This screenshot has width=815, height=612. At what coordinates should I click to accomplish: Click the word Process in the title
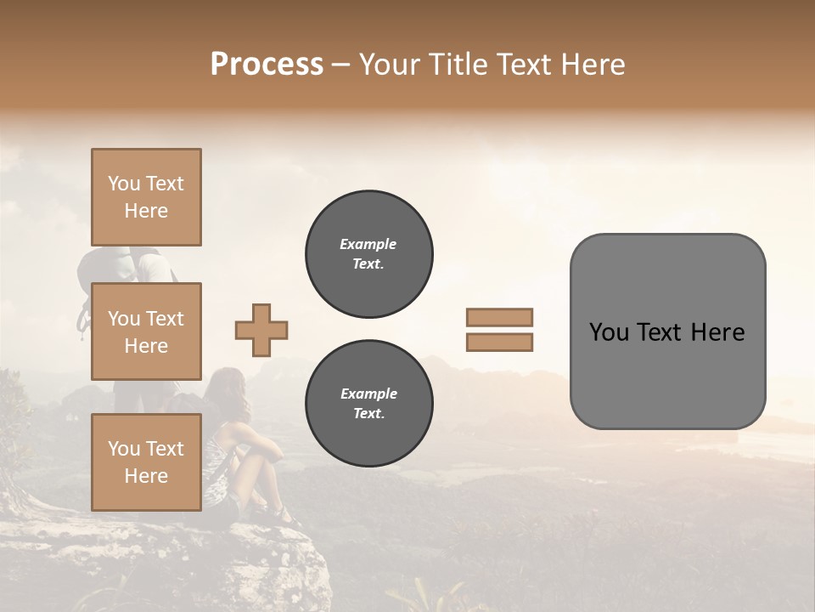click(267, 65)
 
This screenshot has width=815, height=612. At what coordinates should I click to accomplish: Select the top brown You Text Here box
click(146, 197)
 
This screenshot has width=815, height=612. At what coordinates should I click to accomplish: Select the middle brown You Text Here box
click(146, 331)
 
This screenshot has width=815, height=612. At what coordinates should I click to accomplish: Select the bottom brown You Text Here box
click(146, 462)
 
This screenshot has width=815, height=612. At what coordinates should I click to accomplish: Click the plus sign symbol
click(261, 330)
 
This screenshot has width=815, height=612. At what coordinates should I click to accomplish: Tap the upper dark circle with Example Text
click(369, 254)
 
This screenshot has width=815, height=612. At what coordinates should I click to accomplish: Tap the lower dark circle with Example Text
click(369, 404)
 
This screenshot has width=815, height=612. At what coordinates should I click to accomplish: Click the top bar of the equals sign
click(499, 318)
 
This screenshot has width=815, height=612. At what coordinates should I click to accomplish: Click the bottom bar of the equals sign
click(499, 342)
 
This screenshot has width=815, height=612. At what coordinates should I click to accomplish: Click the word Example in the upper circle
click(368, 244)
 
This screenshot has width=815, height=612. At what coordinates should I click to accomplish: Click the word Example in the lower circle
click(368, 394)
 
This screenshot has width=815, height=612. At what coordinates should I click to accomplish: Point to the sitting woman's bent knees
click(250, 459)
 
